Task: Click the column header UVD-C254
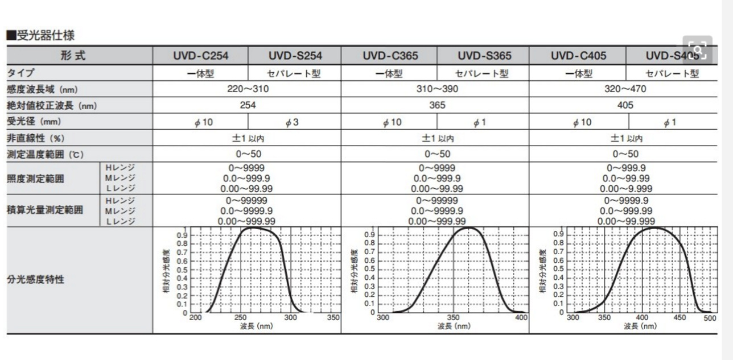pyautogui.click(x=200, y=56)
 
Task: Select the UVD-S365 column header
pyautogui.click(x=484, y=56)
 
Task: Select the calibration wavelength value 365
pyautogui.click(x=435, y=105)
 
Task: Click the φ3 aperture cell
pyautogui.click(x=294, y=122)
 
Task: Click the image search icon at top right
pyautogui.click(x=697, y=51)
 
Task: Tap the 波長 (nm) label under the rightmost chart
pyautogui.click(x=640, y=326)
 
